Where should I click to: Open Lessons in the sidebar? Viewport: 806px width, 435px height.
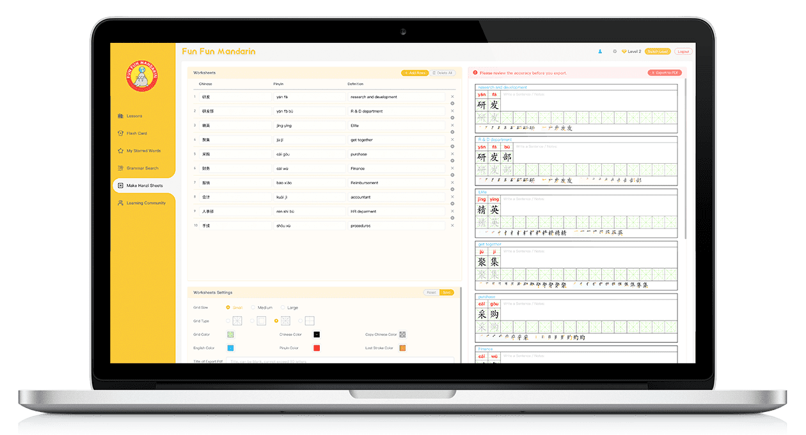(x=134, y=116)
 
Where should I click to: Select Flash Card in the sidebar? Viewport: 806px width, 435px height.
(x=136, y=133)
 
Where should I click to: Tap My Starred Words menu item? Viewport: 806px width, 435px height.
(x=143, y=151)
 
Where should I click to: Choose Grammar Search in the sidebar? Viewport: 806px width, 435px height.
(x=142, y=168)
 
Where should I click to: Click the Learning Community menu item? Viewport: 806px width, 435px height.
(x=146, y=203)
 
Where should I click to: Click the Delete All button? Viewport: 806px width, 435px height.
(x=443, y=73)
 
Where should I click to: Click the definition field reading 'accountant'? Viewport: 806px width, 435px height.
(x=396, y=197)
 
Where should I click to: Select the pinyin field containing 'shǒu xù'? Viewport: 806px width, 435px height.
(x=309, y=226)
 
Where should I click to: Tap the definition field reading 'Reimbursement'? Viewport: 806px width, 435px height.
(x=396, y=183)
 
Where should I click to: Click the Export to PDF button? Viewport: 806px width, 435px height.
(x=665, y=73)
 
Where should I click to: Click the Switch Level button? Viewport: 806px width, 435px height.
(x=657, y=51)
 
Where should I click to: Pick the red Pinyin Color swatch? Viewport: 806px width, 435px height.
(x=317, y=348)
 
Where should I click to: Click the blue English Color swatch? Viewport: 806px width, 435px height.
(x=230, y=348)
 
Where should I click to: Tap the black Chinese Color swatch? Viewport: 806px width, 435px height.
(x=317, y=335)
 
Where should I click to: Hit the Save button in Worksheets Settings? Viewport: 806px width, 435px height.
(x=446, y=292)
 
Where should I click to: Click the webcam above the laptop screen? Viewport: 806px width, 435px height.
(x=403, y=31)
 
